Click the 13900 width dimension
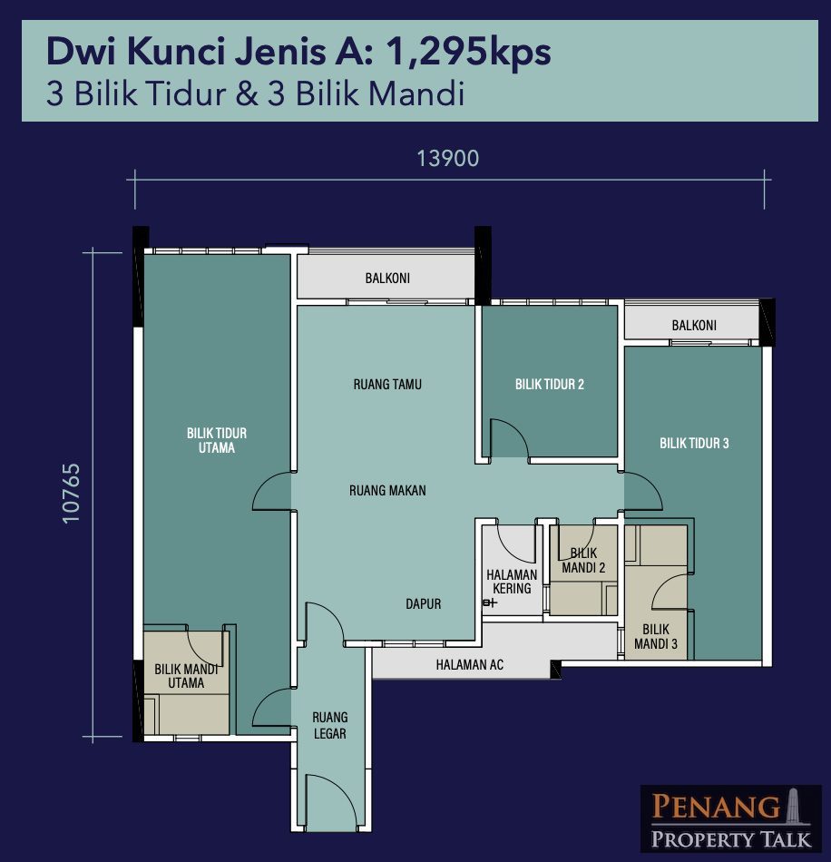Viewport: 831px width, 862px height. (x=448, y=159)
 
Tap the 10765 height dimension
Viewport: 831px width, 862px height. (x=72, y=494)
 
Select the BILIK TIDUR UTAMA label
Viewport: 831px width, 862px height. (x=217, y=440)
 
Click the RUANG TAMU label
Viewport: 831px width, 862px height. (x=387, y=385)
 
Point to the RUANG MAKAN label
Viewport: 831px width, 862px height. (x=387, y=490)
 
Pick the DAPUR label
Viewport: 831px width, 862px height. (x=423, y=604)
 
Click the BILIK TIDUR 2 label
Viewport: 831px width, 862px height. (x=550, y=385)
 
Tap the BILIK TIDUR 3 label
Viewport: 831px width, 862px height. (x=694, y=443)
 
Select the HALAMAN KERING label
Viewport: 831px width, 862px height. (x=512, y=582)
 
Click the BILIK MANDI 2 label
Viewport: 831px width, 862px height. (x=583, y=561)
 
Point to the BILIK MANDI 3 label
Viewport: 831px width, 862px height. (x=656, y=637)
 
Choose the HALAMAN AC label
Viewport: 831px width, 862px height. (x=469, y=665)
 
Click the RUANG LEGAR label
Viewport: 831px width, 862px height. (x=329, y=726)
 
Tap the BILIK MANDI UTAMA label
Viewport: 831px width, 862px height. (x=186, y=676)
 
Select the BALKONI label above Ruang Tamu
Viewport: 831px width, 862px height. (x=387, y=279)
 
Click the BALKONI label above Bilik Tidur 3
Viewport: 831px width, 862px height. (x=694, y=326)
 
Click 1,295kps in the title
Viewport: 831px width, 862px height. (x=469, y=54)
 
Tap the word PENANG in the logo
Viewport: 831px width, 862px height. (x=716, y=807)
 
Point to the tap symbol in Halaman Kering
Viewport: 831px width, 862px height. (x=489, y=603)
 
